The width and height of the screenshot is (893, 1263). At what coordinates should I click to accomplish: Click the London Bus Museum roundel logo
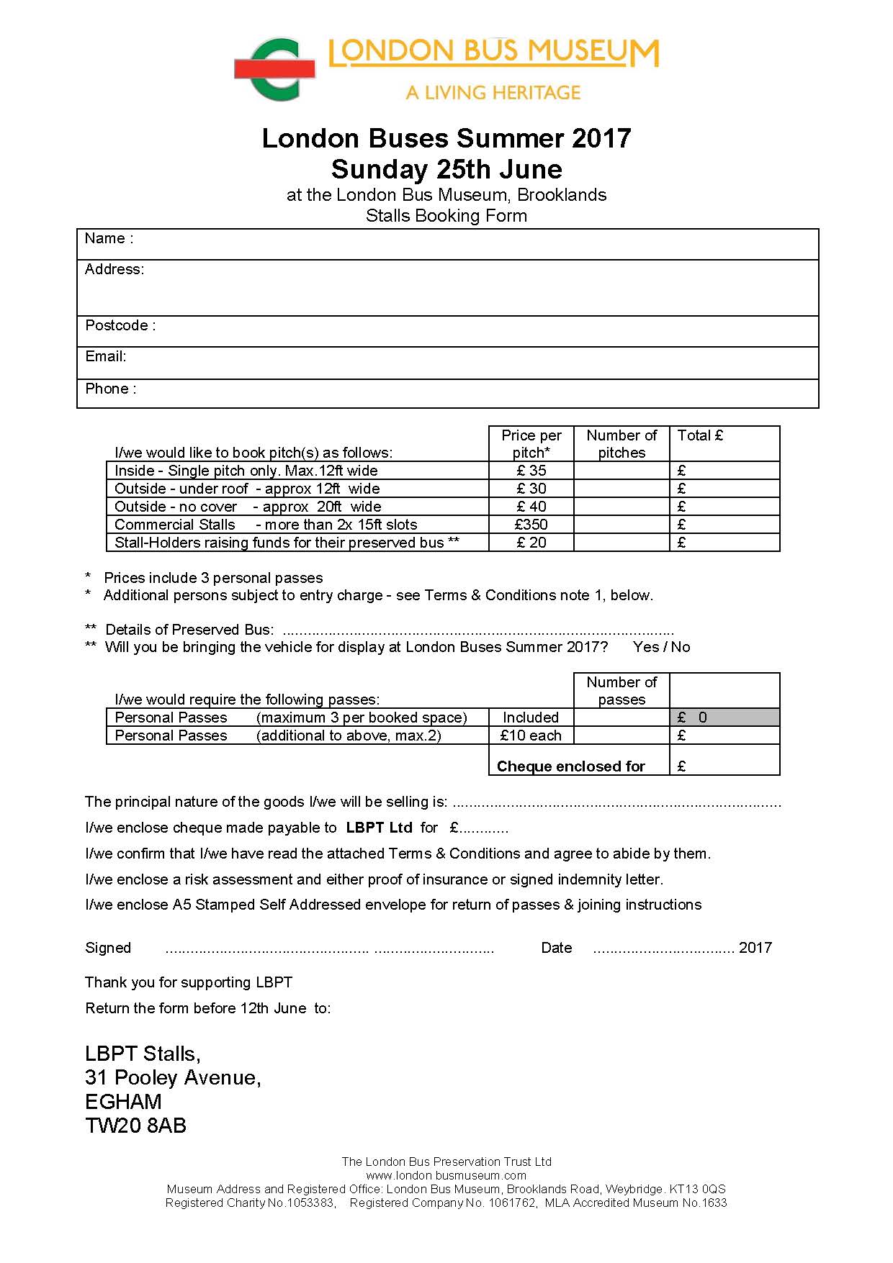[x=275, y=69]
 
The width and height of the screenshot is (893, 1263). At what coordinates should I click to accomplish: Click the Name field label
[x=109, y=239]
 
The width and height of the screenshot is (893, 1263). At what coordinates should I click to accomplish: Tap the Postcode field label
[x=120, y=325]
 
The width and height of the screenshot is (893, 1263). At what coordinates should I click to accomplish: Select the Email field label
[x=105, y=357]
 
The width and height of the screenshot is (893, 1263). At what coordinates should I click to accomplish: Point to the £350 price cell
[x=531, y=525]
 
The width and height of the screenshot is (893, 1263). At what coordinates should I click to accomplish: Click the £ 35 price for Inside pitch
[x=531, y=471]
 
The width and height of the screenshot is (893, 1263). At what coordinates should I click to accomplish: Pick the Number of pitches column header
[x=621, y=444]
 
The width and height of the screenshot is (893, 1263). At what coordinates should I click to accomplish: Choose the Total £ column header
[x=700, y=435]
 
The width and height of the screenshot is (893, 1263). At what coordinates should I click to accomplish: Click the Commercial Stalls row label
[x=175, y=525]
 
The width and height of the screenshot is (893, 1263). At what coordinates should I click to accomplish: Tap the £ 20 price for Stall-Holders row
[x=531, y=543]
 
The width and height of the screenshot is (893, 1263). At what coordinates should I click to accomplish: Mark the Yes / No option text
[x=661, y=647]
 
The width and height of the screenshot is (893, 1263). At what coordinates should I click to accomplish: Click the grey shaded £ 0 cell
[x=724, y=717]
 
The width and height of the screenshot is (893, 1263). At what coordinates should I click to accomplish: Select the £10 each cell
[x=531, y=735]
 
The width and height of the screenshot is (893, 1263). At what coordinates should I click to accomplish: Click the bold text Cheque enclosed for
[x=571, y=766]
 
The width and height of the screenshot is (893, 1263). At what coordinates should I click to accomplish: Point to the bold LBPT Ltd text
[x=379, y=828]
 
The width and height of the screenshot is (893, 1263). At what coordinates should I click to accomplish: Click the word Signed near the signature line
[x=108, y=948]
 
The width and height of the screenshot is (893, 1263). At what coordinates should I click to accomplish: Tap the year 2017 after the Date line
[x=755, y=948]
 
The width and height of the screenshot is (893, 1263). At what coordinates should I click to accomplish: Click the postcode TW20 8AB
[x=135, y=1126]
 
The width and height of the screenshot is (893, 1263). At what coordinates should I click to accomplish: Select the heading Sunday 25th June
[x=447, y=169]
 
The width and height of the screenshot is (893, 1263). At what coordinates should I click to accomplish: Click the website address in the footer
[x=446, y=1175]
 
